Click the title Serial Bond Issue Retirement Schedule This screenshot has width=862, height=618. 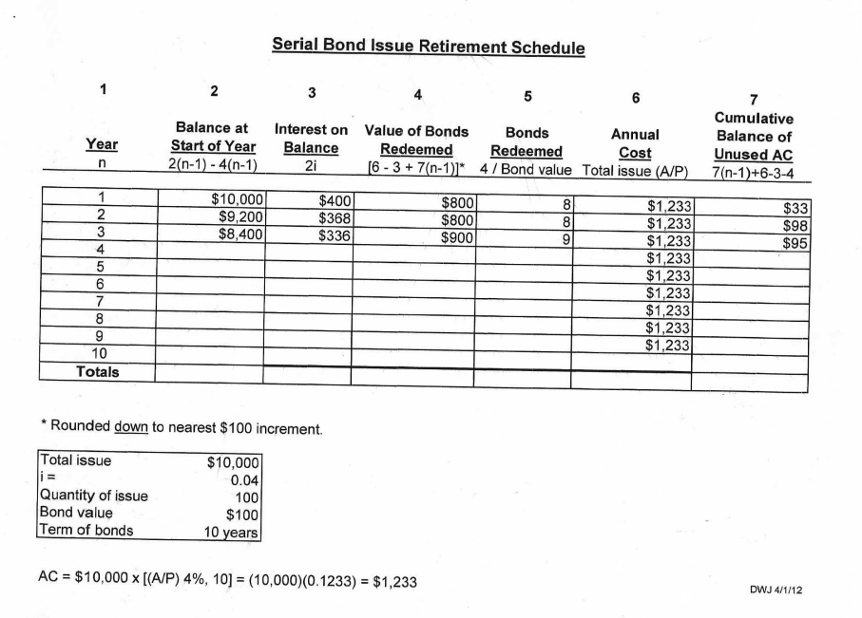click(428, 46)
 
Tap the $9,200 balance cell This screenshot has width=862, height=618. click(239, 217)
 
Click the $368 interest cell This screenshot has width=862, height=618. click(335, 217)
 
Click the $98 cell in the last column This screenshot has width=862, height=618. click(795, 226)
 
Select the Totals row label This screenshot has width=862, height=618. click(98, 372)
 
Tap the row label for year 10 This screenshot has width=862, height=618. click(98, 355)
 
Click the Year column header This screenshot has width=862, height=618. click(102, 145)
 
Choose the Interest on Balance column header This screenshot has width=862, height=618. click(311, 138)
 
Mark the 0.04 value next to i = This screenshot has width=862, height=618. click(244, 478)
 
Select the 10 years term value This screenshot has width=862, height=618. click(232, 532)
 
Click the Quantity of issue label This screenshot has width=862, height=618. click(93, 495)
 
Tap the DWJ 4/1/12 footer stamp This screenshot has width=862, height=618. click(777, 590)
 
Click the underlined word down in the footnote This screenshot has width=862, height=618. click(130, 428)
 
